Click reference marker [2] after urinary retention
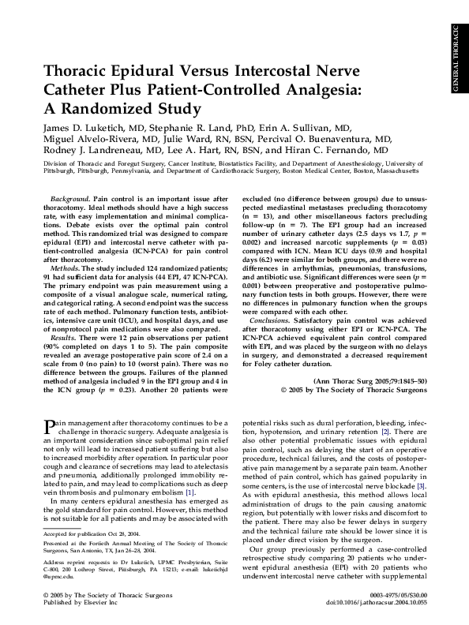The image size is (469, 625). click(x=384, y=433)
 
